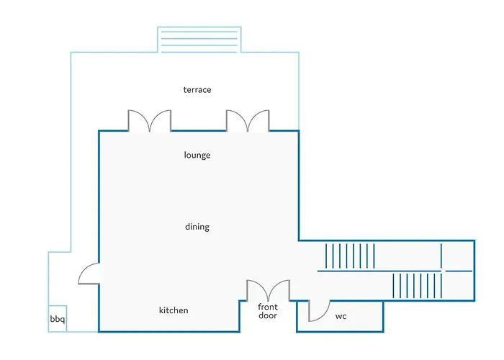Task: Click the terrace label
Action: click(x=197, y=90)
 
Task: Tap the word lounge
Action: click(x=197, y=156)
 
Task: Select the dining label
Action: click(x=197, y=227)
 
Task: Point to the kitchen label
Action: click(x=174, y=310)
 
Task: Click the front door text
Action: click(x=268, y=311)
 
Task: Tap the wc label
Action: click(x=341, y=316)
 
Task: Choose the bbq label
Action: click(x=58, y=319)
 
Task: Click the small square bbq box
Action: click(x=58, y=318)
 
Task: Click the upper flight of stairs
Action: click(x=350, y=256)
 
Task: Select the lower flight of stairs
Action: click(x=417, y=286)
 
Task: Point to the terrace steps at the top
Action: click(x=199, y=39)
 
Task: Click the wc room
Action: click(x=340, y=316)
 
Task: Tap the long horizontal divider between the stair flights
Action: click(x=379, y=271)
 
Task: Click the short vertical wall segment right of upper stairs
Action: click(x=441, y=256)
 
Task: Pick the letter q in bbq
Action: click(x=63, y=320)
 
